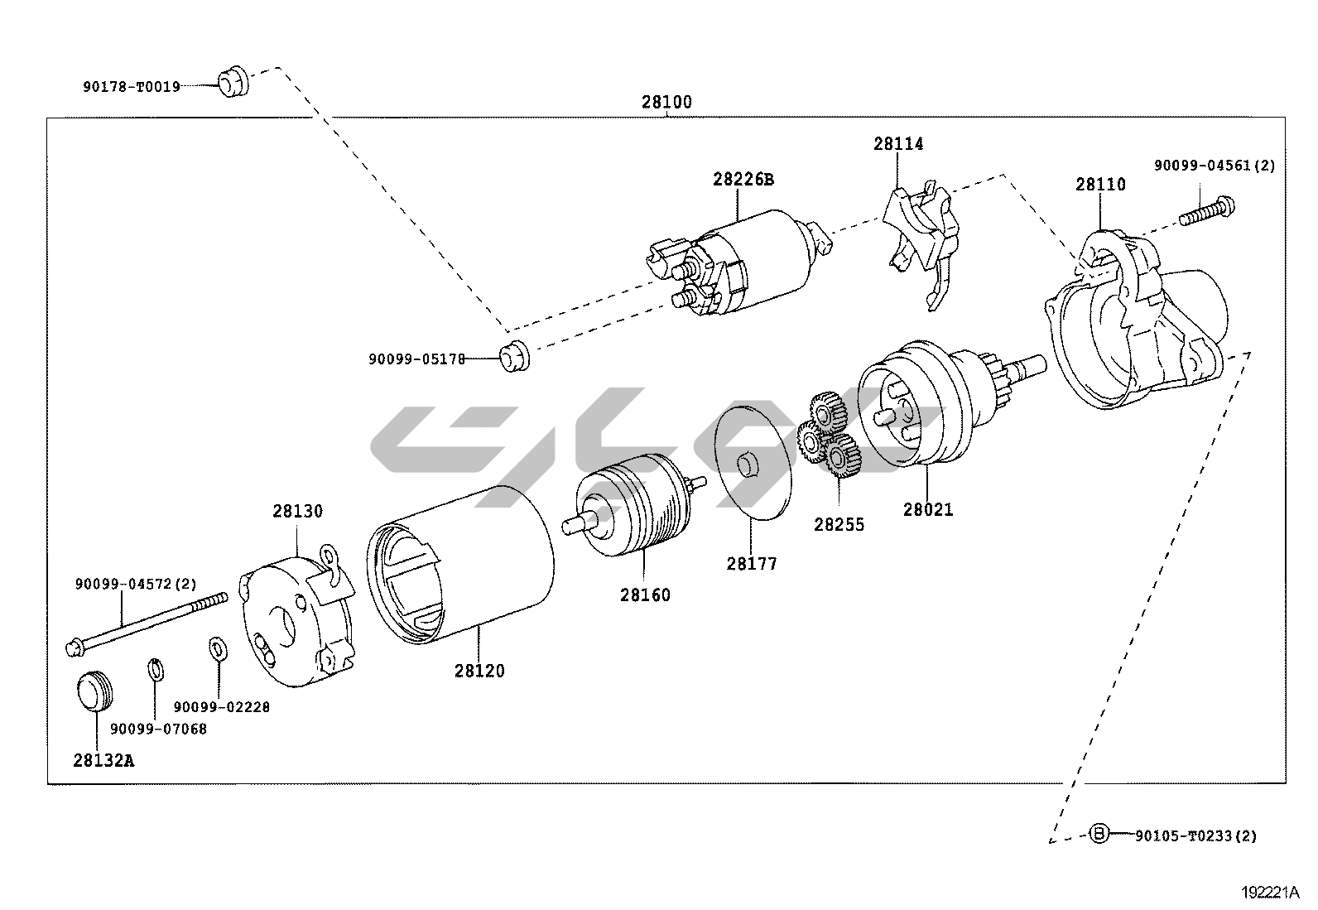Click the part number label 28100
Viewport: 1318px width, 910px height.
[x=666, y=103]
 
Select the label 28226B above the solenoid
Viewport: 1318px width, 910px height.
[x=743, y=179]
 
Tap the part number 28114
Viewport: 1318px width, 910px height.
[x=898, y=144]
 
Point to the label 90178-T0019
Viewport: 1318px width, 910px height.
[x=131, y=86]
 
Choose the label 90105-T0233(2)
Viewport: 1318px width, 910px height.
[x=1195, y=836]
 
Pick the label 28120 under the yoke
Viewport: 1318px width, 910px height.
[x=479, y=671]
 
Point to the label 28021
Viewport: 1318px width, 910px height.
[x=928, y=510]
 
